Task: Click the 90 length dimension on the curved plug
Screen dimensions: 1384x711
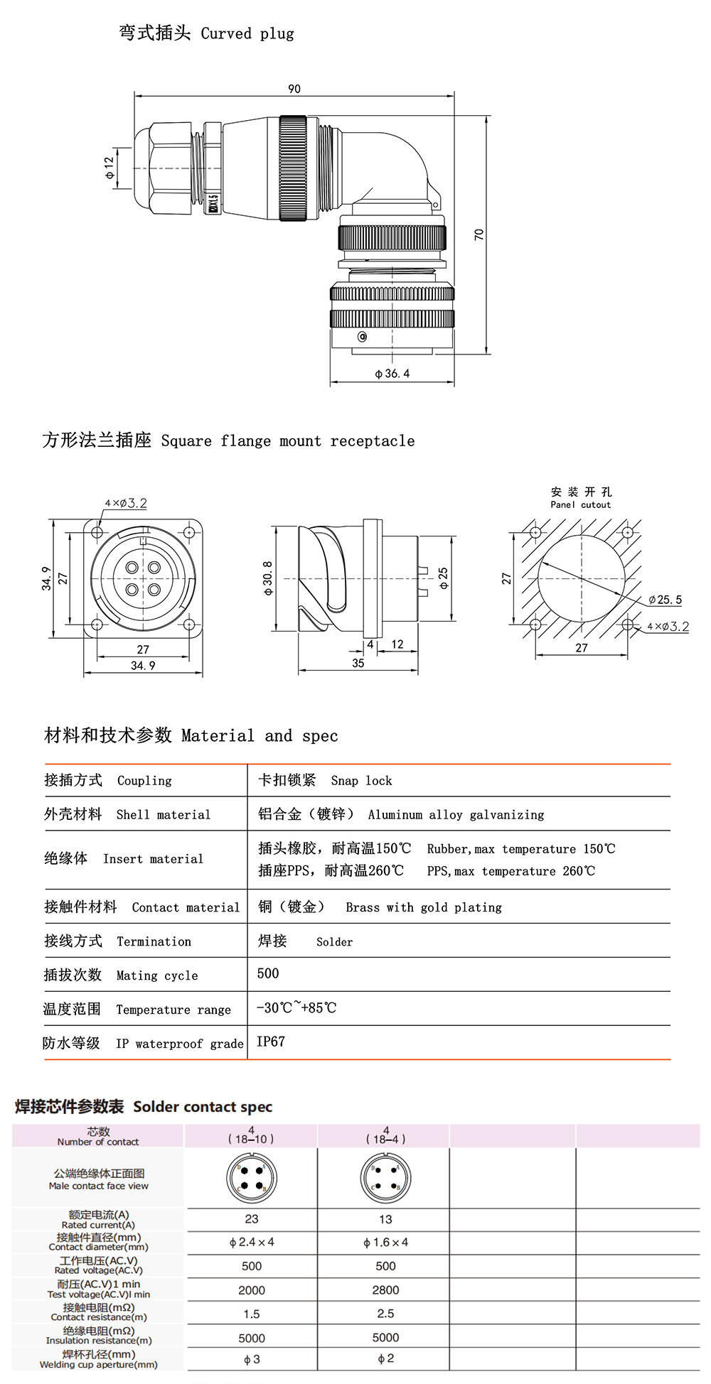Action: coord(294,89)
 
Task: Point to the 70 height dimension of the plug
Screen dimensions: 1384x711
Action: coord(479,234)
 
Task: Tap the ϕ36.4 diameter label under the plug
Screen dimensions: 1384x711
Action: coord(392,374)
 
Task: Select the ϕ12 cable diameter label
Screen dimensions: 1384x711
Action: coord(109,168)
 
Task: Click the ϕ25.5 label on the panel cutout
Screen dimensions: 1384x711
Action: coord(665,600)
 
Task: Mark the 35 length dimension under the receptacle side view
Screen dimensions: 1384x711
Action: coord(358,663)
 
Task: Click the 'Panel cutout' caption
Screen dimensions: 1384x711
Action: coord(580,504)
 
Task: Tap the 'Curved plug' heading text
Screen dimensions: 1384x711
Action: coord(247,33)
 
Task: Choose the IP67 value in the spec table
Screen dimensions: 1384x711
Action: coord(271,1042)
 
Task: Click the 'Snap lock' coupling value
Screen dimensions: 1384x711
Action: coord(361,781)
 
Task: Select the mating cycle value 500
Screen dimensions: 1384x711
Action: coord(268,973)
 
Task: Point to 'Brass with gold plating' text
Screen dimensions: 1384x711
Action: coord(424,907)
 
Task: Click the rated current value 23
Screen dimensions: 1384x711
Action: coord(252,1219)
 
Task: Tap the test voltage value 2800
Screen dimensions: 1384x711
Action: coord(385,1290)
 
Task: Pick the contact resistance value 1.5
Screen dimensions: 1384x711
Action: coord(252,1314)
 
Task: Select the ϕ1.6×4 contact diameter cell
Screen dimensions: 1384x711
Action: coord(385,1243)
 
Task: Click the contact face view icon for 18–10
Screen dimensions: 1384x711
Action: coord(252,1177)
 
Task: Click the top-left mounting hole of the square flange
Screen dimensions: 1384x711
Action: coord(97,532)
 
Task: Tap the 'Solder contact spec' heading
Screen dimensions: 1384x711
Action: coord(203,1107)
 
